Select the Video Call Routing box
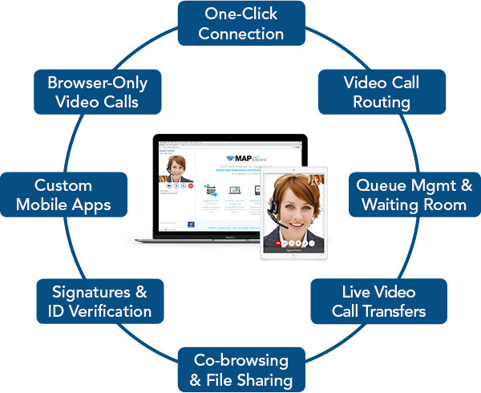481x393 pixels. click(x=382, y=92)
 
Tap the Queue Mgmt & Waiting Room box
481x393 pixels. click(x=414, y=195)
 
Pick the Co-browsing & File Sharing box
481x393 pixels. click(x=241, y=369)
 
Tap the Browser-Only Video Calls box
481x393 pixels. click(x=97, y=92)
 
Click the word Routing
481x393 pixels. click(x=382, y=103)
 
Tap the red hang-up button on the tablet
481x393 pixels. click(x=277, y=241)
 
